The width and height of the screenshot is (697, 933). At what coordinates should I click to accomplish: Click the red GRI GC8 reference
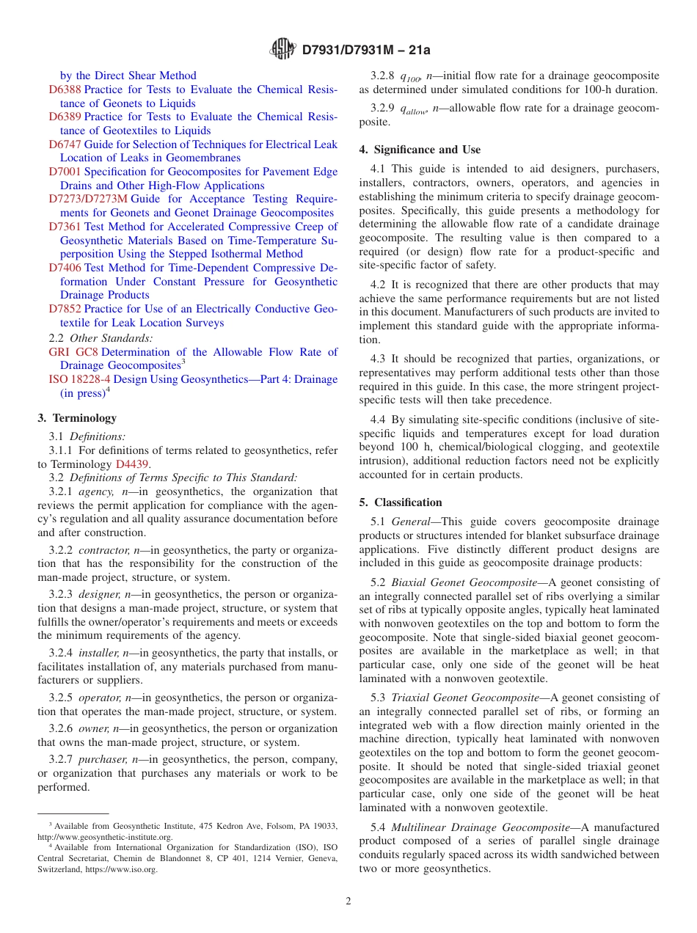tap(73, 352)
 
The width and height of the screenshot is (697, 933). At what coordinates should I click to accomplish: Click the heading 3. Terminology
tap(77, 418)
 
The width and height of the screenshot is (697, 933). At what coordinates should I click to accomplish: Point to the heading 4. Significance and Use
tap(420, 150)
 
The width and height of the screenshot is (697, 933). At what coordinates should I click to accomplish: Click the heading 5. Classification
tap(401, 502)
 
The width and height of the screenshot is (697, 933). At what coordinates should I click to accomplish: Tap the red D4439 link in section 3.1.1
tap(132, 464)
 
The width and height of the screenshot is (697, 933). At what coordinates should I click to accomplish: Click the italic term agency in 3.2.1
tap(95, 492)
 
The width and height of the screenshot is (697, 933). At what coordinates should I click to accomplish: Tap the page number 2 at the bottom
tap(348, 901)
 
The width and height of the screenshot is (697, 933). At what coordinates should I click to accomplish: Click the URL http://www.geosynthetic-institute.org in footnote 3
tap(105, 837)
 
